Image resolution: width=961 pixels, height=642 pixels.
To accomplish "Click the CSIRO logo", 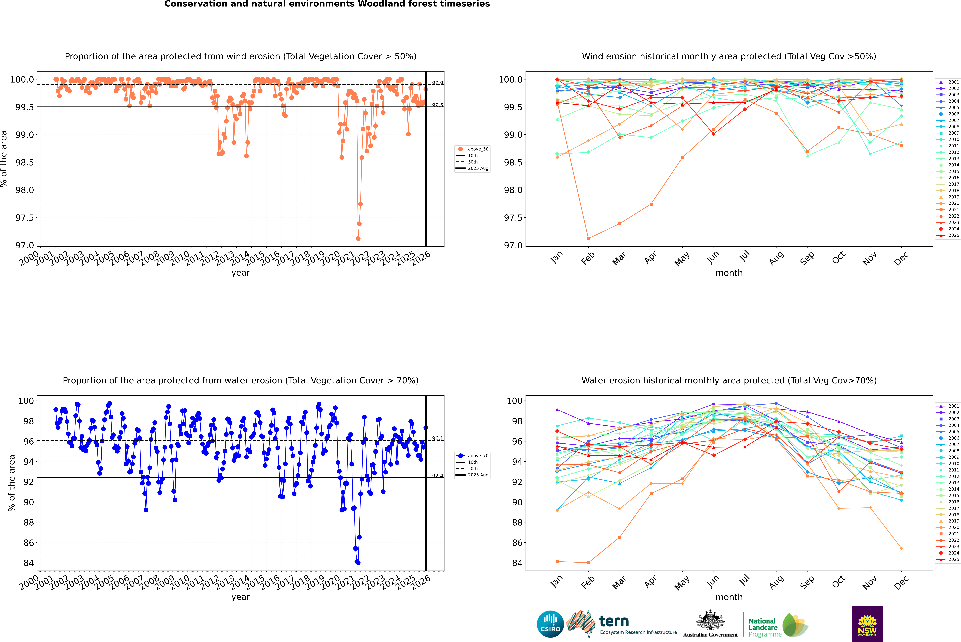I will (x=550, y=624).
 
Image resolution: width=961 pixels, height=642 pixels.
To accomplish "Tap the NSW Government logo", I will (x=867, y=624).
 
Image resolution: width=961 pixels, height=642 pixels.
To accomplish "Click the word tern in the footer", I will (x=614, y=621).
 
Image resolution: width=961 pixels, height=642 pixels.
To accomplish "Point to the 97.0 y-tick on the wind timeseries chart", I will (x=25, y=245).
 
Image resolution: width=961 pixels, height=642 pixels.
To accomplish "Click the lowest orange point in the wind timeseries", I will (x=358, y=239).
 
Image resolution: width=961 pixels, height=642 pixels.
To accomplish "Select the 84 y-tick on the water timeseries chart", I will (x=29, y=563).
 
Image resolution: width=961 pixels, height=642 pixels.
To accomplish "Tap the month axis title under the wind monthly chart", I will (x=729, y=273).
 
